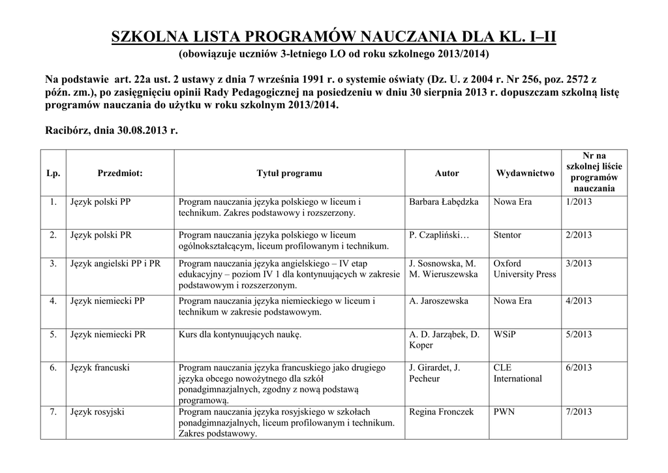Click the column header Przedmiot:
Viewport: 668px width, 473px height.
coord(120,174)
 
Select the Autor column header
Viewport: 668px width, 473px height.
coord(447,174)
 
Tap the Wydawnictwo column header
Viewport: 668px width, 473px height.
coord(525,174)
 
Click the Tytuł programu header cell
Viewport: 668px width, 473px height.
coord(290,174)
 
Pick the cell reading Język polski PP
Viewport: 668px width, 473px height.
coord(100,202)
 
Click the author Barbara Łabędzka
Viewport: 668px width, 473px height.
coord(444,202)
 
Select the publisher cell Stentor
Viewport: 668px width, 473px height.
coord(508,235)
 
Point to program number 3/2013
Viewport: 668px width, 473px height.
coord(579,264)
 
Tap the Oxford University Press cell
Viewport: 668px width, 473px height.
coord(524,269)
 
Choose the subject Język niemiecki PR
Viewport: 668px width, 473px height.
coord(108,335)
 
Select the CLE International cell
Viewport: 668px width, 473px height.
coord(517,373)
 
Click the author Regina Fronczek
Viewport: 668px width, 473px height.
coord(441,412)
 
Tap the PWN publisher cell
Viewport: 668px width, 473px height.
coord(504,412)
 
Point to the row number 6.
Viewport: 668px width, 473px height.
coord(53,368)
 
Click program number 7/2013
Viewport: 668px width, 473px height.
coord(579,412)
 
